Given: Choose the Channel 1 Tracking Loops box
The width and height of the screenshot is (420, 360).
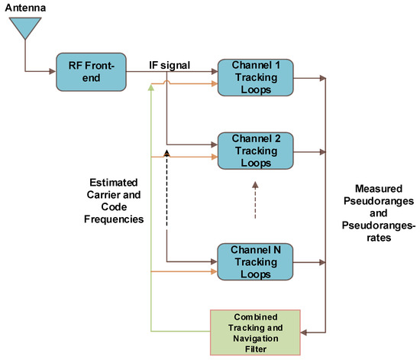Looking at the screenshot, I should point(256,76).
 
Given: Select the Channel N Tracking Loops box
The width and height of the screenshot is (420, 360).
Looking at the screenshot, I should point(256,262).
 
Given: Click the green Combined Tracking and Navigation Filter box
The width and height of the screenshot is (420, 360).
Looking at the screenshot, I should point(256,331).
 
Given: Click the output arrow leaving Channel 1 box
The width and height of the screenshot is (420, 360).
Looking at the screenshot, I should point(310,76).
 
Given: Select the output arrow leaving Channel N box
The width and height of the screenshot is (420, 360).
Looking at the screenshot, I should point(310,262).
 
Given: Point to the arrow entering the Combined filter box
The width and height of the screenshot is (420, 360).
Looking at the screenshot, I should point(313,331).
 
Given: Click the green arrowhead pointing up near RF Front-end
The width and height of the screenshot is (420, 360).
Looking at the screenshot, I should point(153,87).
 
